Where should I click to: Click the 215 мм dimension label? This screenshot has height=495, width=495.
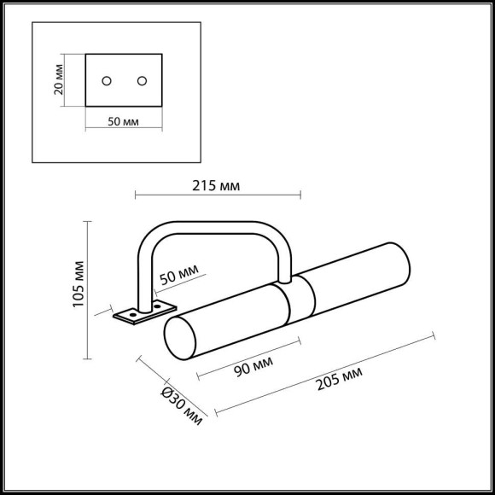point(216,186)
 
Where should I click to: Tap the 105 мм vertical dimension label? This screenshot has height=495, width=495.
point(79,284)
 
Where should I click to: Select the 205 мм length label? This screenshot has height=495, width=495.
point(340,378)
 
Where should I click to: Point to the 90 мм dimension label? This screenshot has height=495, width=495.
point(253,366)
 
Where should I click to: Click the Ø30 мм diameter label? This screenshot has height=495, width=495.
point(182,406)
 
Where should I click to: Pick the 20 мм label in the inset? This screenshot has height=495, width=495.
point(59,79)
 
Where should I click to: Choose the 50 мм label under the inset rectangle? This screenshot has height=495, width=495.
point(123,121)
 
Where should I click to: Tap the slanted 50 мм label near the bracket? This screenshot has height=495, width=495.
point(179,274)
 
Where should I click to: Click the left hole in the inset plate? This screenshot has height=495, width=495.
point(107,81)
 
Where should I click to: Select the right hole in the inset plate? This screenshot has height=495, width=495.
point(142,81)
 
